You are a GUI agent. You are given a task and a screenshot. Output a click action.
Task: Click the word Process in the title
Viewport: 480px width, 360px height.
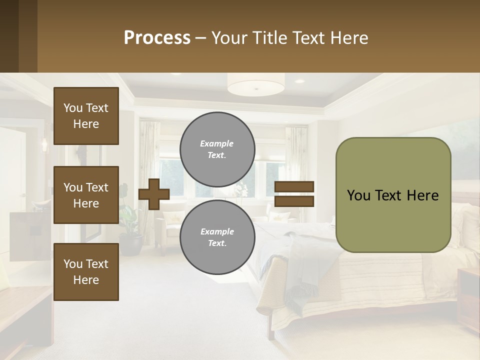(157, 38)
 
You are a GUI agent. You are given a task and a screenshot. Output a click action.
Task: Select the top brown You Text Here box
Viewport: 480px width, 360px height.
(86, 116)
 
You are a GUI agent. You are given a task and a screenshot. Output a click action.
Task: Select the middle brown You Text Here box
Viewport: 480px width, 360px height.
(86, 195)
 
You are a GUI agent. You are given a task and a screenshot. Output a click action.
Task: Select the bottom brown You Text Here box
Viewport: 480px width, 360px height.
(86, 271)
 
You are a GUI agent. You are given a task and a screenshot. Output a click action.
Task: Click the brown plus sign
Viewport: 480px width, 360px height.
(153, 194)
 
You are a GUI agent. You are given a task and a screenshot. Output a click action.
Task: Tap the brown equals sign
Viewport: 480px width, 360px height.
(294, 194)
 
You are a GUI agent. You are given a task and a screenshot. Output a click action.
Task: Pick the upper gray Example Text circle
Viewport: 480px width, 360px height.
(217, 149)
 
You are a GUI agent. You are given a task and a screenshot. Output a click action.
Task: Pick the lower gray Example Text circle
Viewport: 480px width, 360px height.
(217, 237)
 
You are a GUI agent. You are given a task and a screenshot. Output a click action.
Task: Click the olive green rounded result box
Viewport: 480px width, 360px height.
(393, 195)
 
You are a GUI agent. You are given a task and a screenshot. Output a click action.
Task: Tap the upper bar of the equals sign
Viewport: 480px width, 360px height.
(294, 187)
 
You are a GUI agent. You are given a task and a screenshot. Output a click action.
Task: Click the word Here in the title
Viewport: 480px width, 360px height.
(350, 38)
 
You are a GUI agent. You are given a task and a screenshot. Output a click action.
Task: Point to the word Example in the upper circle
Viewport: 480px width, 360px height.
(216, 143)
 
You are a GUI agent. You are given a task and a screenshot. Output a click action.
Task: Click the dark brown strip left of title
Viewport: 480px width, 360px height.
(18, 36)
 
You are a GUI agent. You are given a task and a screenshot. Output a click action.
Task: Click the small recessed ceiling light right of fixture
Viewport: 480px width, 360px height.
(299, 81)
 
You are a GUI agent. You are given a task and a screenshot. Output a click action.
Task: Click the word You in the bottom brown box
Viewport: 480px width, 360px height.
(72, 264)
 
